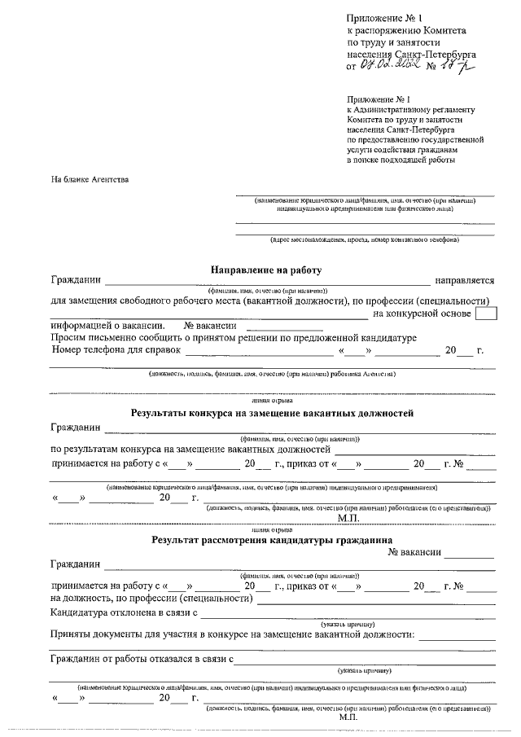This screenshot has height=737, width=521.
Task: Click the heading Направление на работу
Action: pos(267,270)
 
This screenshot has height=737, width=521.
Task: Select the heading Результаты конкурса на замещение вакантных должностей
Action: pos(273,413)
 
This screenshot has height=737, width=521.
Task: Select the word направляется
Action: pos(465,281)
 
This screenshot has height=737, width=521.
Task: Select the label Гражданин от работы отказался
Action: pos(142,659)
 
